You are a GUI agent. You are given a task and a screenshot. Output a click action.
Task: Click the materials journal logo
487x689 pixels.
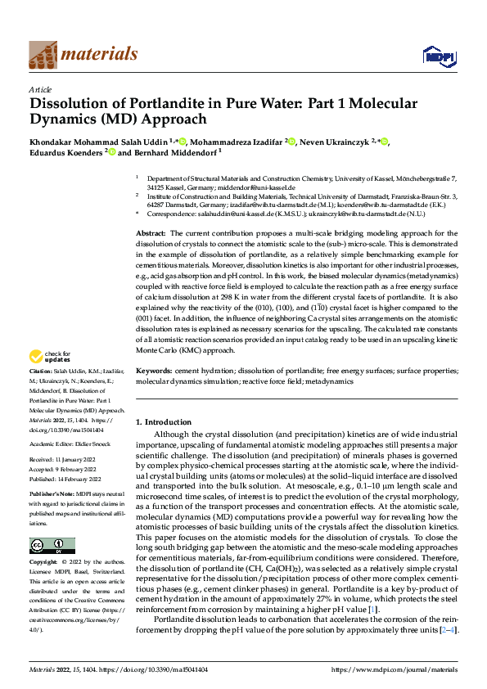[x=83, y=55]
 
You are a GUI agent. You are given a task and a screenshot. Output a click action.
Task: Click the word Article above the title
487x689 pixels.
[x=40, y=89]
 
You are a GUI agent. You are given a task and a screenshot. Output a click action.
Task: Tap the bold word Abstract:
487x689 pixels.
[x=152, y=234]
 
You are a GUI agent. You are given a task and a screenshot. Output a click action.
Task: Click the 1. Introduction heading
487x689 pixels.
[x=163, y=422]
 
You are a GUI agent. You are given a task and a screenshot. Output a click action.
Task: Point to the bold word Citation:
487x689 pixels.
[x=43, y=371]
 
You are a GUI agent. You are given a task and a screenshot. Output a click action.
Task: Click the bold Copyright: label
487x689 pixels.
[x=45, y=564]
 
